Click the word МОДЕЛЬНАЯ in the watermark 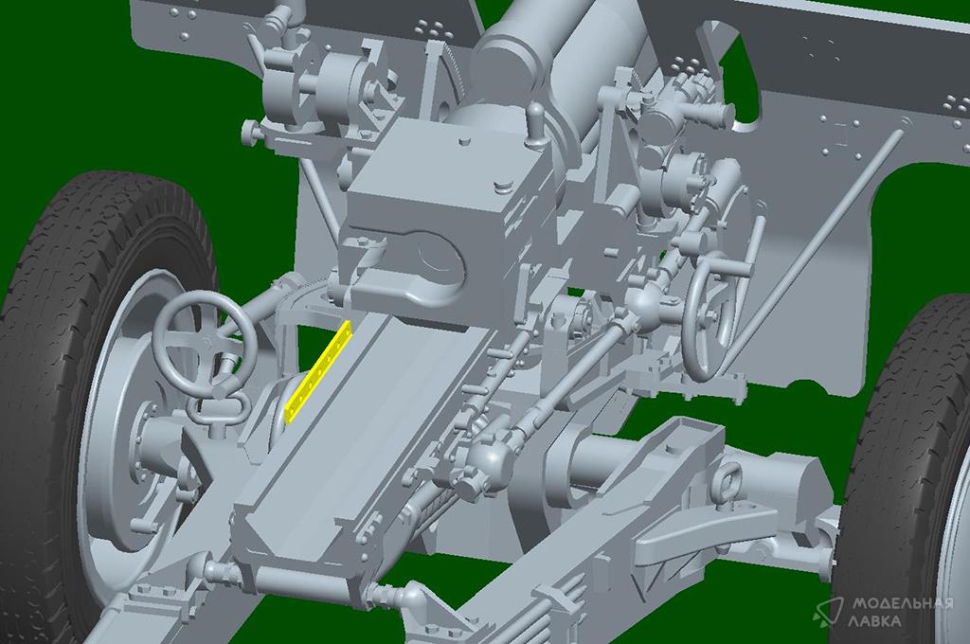pos(902,602)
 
